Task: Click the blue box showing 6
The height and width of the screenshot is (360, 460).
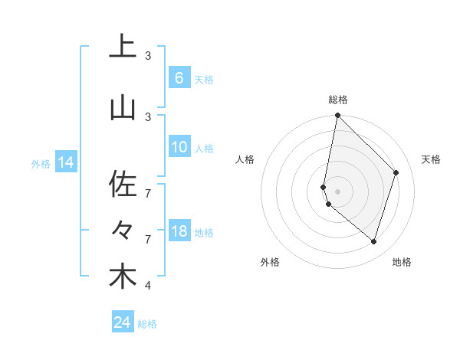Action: pos(179,78)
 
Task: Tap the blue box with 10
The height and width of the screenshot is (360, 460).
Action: pos(179,147)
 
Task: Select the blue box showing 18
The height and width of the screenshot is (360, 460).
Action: pos(179,231)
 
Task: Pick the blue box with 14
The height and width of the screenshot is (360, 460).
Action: pos(65,162)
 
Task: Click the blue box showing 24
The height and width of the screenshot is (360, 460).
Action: pos(123,322)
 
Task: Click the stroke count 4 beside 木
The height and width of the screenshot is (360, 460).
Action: pos(148,286)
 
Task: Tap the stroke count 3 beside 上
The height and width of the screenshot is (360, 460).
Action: pos(148,56)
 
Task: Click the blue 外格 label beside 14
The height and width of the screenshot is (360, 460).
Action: pos(40,163)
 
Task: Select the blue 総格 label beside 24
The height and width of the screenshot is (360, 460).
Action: pos(147,324)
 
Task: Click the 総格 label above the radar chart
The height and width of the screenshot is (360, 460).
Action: pos(337,100)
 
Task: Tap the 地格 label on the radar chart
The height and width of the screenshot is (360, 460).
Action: pos(402,262)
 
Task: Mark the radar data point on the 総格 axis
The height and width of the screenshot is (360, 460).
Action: pos(337,116)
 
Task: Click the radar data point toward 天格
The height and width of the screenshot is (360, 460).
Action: pos(396,172)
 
